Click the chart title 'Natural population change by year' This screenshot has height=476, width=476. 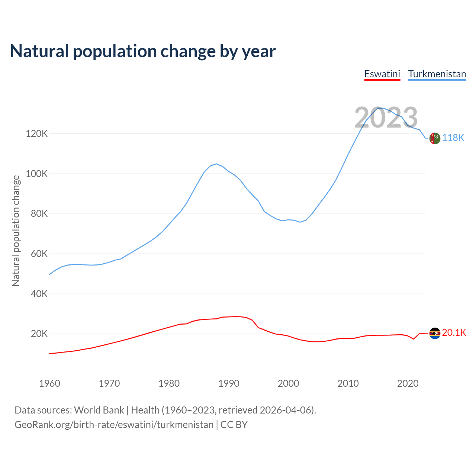click(x=143, y=51)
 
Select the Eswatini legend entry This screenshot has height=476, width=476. click(x=382, y=74)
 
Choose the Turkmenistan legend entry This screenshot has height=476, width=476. click(x=437, y=74)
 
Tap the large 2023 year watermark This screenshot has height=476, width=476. click(x=386, y=118)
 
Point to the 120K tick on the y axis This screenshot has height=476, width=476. click(x=37, y=134)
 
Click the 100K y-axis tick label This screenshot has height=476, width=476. click(x=37, y=174)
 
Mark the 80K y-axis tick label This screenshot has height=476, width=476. click(x=39, y=213)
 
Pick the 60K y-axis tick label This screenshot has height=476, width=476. click(x=39, y=254)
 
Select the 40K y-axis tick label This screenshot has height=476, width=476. click(x=39, y=294)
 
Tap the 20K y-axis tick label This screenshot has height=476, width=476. click(x=39, y=334)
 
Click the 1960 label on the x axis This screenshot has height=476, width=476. click(x=49, y=383)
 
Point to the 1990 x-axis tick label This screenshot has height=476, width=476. click(x=229, y=383)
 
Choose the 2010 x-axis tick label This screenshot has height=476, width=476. click(x=348, y=383)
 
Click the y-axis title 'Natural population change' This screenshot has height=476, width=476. click(x=16, y=231)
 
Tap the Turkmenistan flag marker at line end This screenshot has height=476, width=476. click(x=435, y=138)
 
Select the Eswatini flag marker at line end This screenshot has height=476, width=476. click(x=435, y=333)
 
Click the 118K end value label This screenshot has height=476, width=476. click(x=453, y=138)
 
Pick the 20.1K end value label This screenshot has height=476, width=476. click(x=454, y=333)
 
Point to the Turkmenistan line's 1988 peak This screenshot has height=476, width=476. click(x=216, y=164)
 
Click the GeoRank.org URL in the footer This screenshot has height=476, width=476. click(x=114, y=425)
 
